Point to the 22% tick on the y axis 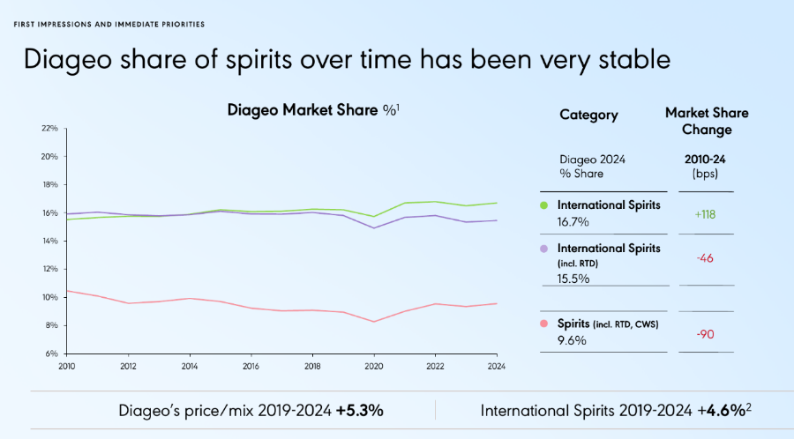click(49, 129)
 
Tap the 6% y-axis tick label click(51, 353)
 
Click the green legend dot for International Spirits click(543, 205)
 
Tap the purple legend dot click(543, 249)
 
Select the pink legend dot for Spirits click(543, 324)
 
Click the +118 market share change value click(706, 212)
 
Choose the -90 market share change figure click(706, 334)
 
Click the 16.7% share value click(573, 221)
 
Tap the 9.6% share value click(572, 341)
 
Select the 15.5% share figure click(573, 278)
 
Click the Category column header click(588, 115)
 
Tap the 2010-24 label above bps click(707, 160)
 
